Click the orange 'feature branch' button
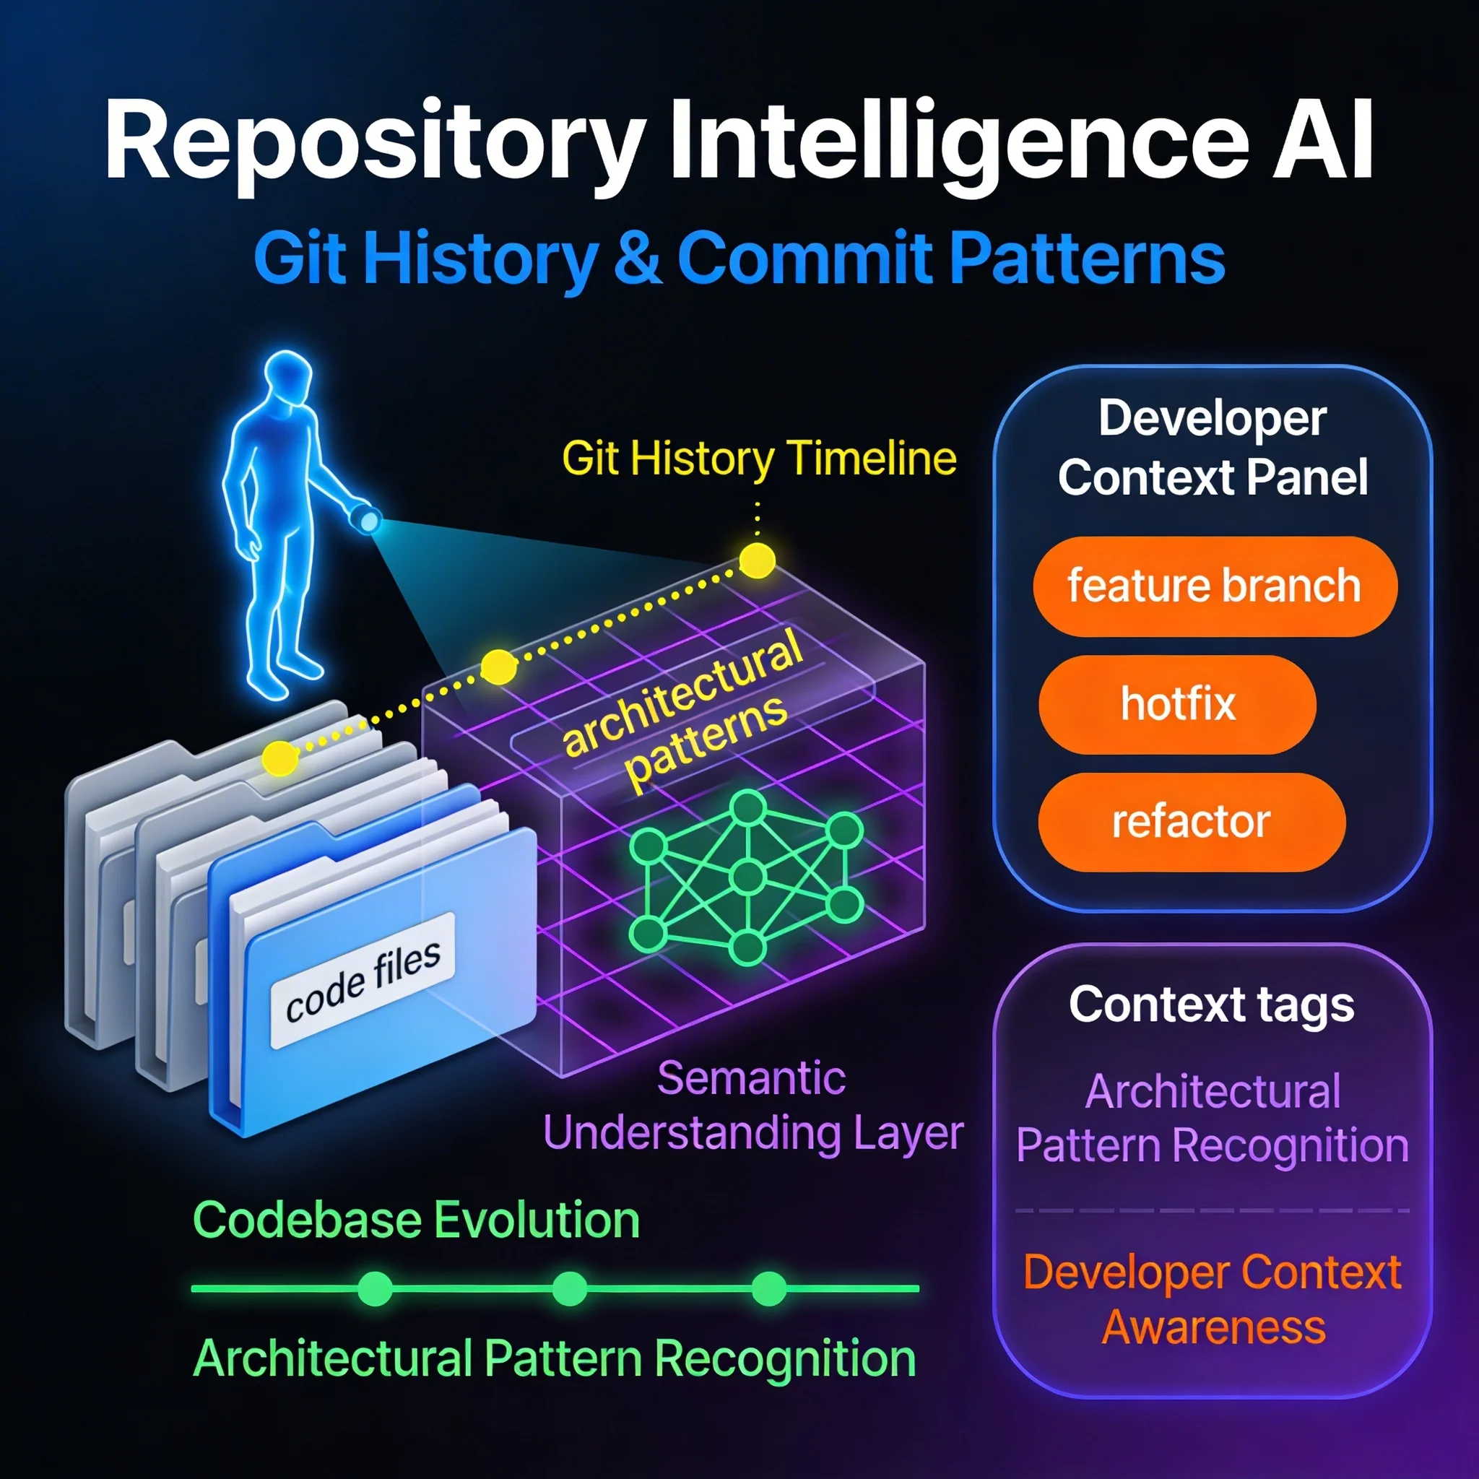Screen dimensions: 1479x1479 click(1214, 586)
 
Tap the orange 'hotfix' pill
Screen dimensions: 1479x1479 click(1177, 704)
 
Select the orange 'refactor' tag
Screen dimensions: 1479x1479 click(1191, 822)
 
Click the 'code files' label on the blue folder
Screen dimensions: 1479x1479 click(363, 981)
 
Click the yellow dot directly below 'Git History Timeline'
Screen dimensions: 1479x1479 click(756, 560)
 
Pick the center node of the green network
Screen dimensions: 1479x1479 click(747, 877)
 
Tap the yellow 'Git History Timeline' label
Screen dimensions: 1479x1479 click(759, 459)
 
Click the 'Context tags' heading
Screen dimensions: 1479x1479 click(1211, 1005)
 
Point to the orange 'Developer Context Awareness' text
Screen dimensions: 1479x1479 click(1213, 1299)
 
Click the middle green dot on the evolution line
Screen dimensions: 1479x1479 click(570, 1288)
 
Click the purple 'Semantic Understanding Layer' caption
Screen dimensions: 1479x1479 click(752, 1106)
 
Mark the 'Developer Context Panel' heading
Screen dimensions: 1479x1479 click(1213, 448)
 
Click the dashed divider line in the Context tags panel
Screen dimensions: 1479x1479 click(1213, 1210)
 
